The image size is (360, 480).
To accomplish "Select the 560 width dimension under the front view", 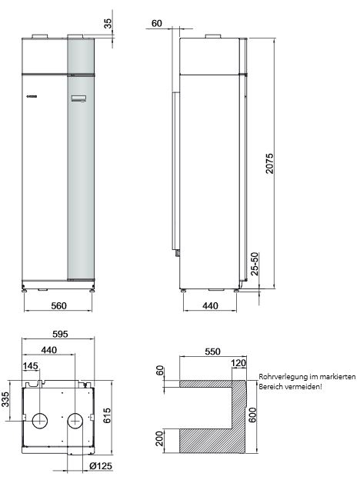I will click(x=59, y=305).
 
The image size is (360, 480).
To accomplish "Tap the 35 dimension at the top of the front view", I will click(x=108, y=23).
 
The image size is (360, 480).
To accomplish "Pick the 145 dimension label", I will click(x=30, y=365).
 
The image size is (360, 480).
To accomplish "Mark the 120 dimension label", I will click(x=238, y=363).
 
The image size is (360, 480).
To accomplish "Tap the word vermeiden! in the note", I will click(x=305, y=386).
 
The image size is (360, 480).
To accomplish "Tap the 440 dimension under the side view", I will click(x=210, y=305).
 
